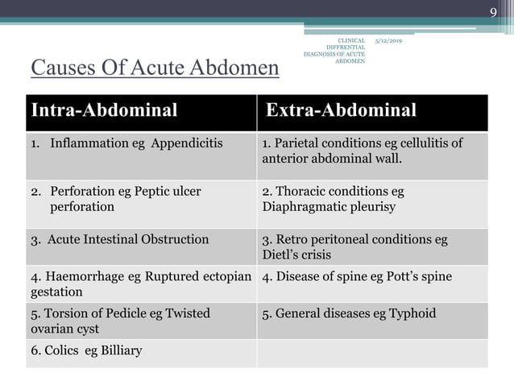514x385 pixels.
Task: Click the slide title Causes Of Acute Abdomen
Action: tap(155, 68)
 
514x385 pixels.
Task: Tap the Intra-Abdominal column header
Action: tap(103, 110)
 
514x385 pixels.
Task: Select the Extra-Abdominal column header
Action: tap(341, 110)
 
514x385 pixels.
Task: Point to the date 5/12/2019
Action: tap(389, 39)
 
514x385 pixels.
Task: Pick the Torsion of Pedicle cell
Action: tap(121, 320)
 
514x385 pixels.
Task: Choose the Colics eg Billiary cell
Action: tap(89, 350)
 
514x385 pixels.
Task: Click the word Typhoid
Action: tap(412, 313)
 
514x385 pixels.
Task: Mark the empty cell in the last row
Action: tap(372, 352)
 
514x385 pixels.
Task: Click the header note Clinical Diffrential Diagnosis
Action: tap(335, 50)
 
